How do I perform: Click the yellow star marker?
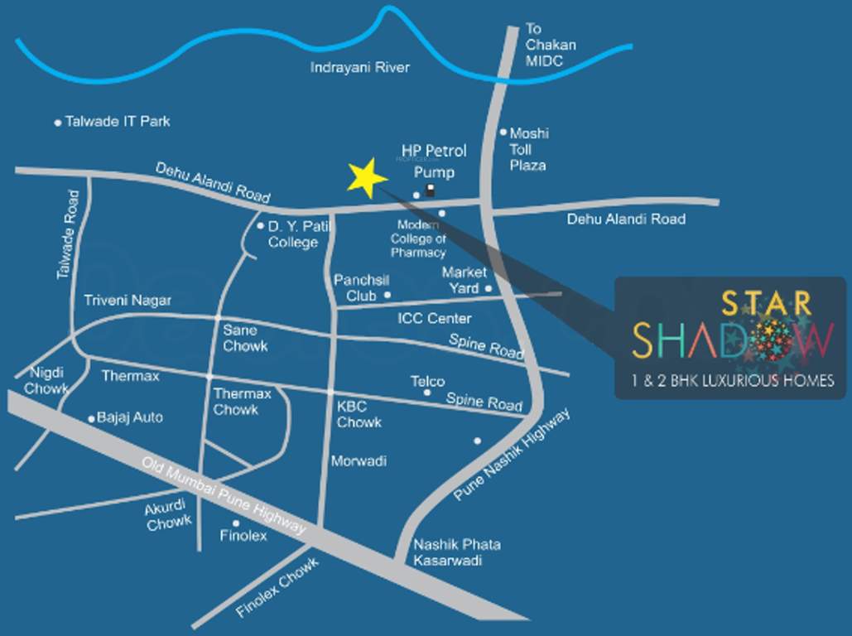point(366,178)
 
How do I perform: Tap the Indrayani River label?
point(359,67)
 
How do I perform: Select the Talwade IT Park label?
point(118,121)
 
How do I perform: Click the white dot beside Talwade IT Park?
point(58,123)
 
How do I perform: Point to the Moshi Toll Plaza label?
point(528,149)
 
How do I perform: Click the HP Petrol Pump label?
point(434,161)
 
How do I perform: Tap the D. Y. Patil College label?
point(292,234)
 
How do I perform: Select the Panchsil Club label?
point(355,287)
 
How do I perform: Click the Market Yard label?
point(464,280)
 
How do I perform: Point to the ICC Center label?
point(434,318)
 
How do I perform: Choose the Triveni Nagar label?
point(128,301)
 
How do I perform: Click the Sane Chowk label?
point(245,338)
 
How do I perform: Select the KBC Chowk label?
point(359,414)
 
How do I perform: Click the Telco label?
point(427,381)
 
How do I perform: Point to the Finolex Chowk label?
point(277,588)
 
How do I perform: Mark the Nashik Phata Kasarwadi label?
point(457,552)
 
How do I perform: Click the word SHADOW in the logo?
point(733,340)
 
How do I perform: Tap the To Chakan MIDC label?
point(550,45)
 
